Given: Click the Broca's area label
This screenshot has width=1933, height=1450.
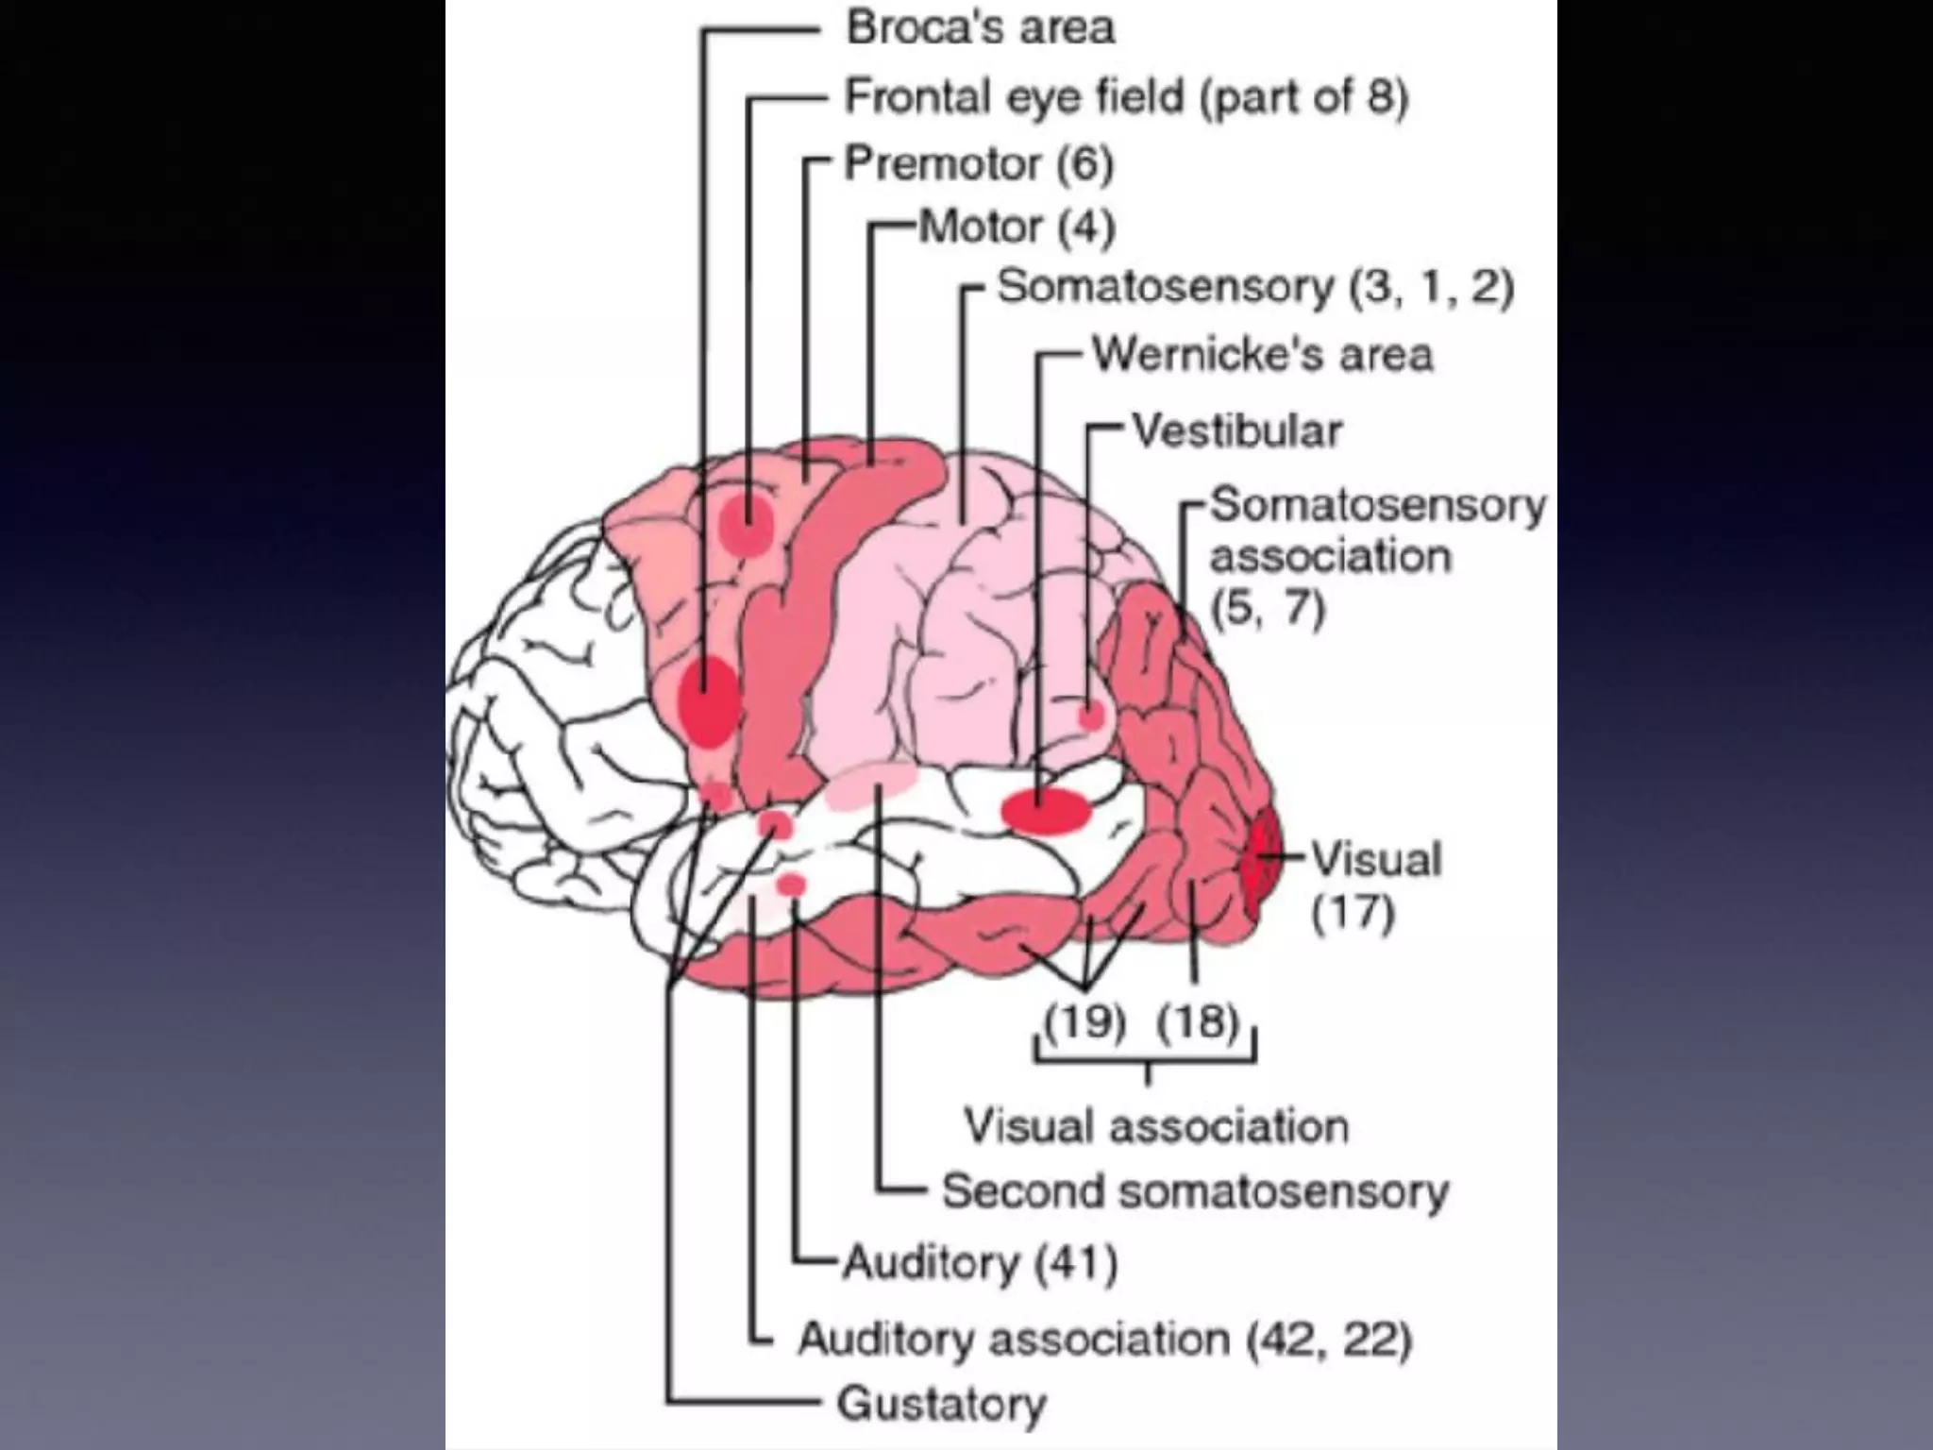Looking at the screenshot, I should (x=980, y=27).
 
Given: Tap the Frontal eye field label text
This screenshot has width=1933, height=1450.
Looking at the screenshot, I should (x=1125, y=96).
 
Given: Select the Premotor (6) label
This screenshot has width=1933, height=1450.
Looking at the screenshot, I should (x=979, y=163).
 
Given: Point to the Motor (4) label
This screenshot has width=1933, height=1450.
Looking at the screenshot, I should (x=1017, y=227).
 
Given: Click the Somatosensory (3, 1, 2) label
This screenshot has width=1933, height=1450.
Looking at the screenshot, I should (x=1255, y=286).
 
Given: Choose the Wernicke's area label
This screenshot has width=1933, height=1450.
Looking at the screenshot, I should (x=1262, y=355).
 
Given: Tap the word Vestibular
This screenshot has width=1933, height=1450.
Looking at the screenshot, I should (x=1236, y=431).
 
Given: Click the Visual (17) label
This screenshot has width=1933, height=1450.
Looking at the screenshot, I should (x=1375, y=885).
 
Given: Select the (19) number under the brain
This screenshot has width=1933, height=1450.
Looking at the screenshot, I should (x=1084, y=1022).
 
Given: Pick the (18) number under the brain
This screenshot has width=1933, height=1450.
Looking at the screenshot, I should (x=1197, y=1022).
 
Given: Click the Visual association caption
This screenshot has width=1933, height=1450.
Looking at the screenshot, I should (x=1156, y=1126).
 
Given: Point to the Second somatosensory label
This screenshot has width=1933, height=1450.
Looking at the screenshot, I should (x=1194, y=1191).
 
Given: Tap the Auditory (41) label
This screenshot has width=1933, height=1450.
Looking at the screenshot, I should (x=980, y=1262).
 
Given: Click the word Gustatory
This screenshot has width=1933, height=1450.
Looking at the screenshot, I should (x=941, y=1404).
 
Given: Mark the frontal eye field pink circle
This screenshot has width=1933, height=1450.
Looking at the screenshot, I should (x=747, y=524).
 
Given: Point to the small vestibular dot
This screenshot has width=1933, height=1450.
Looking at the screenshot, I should (x=1090, y=716).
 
